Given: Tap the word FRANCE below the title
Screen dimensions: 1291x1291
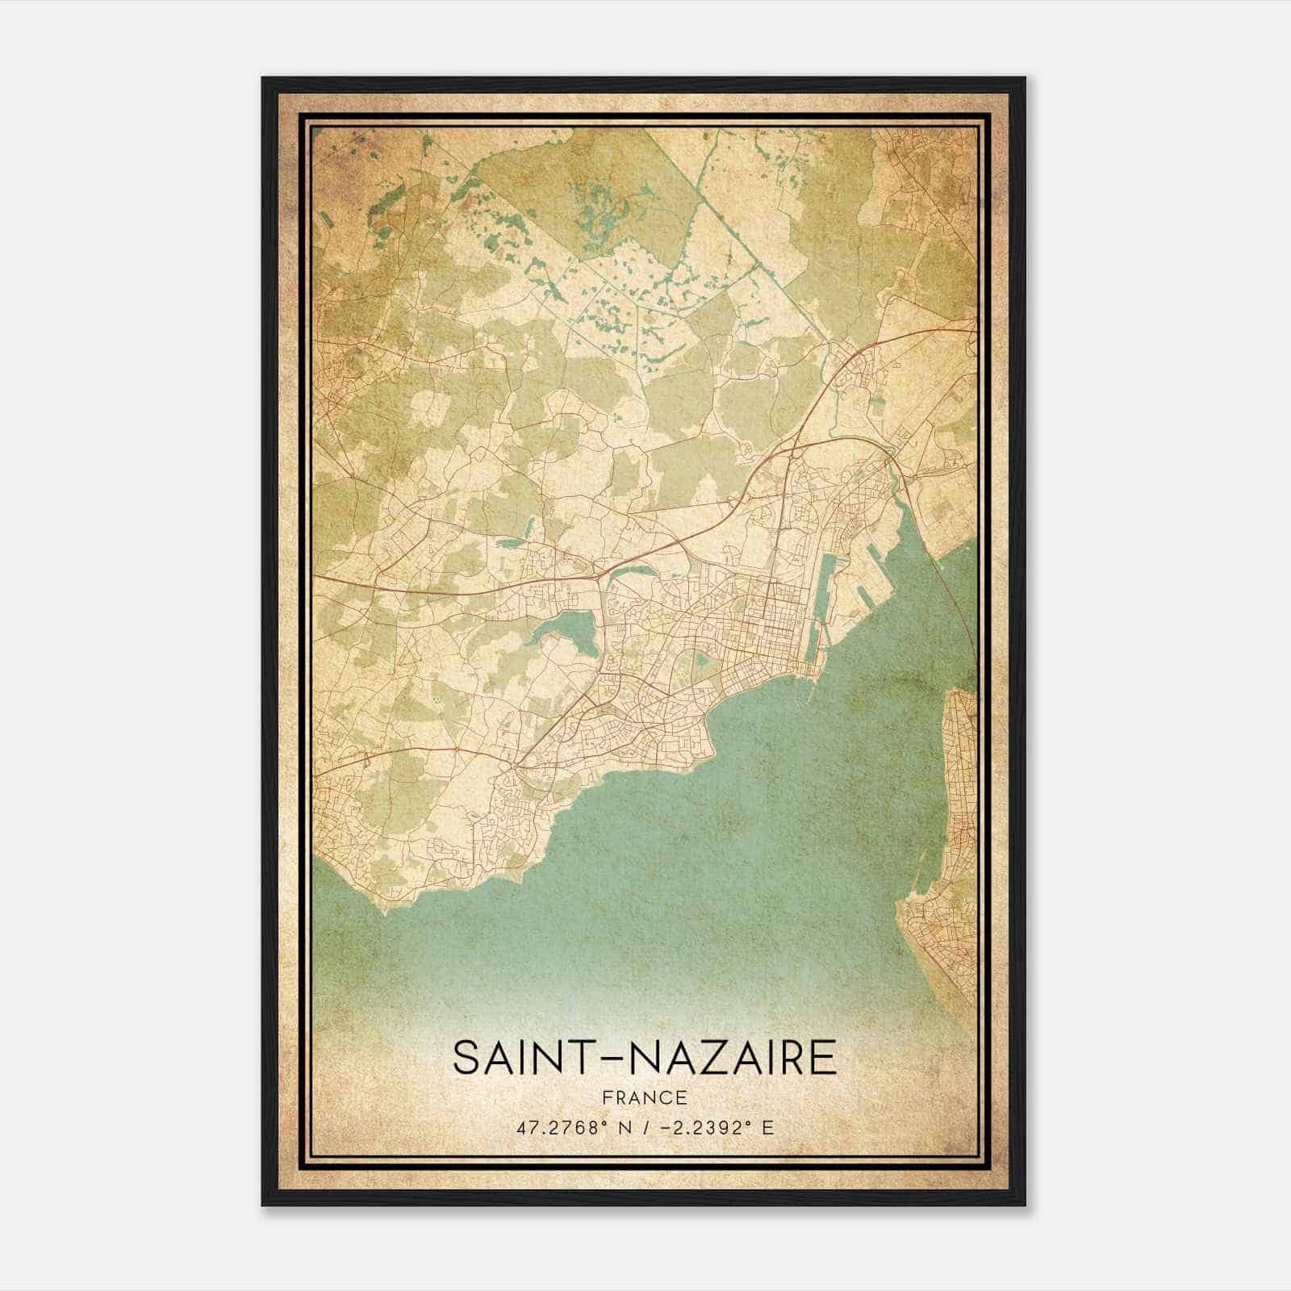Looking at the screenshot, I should (645, 1098).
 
